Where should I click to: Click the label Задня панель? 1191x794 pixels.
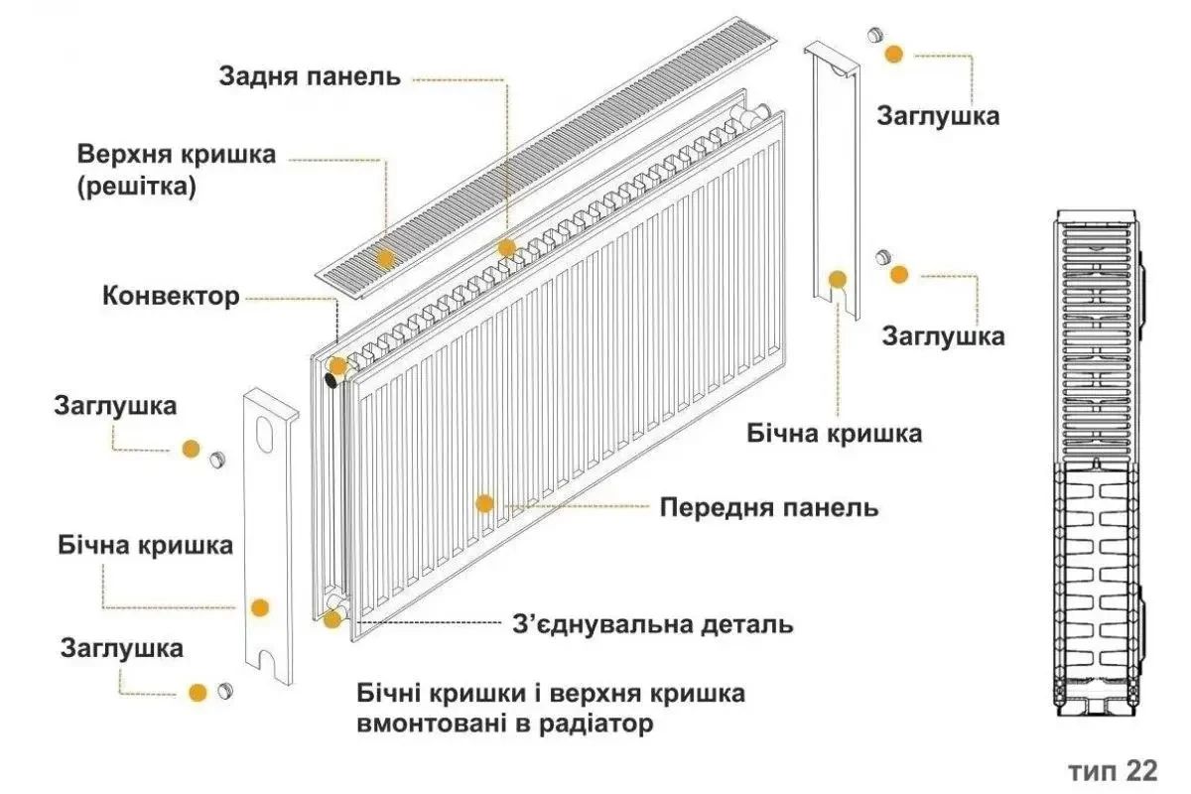tap(310, 76)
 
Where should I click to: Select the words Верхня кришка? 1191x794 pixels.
tap(177, 156)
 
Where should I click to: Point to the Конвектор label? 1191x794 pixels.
tap(171, 296)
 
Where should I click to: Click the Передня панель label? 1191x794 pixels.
tap(769, 507)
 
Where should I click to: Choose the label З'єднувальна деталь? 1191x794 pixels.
tap(652, 624)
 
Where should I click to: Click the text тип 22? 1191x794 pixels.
tap(1114, 771)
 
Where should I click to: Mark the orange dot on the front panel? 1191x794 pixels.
tap(484, 503)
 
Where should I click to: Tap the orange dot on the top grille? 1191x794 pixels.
tap(385, 258)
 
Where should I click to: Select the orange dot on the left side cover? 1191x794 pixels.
tap(260, 607)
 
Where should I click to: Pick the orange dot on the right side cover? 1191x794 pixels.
tap(838, 280)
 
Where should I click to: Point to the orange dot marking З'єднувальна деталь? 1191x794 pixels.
tap(332, 620)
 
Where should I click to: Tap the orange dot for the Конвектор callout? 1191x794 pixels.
tap(337, 365)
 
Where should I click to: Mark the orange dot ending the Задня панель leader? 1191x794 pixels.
tap(506, 247)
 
